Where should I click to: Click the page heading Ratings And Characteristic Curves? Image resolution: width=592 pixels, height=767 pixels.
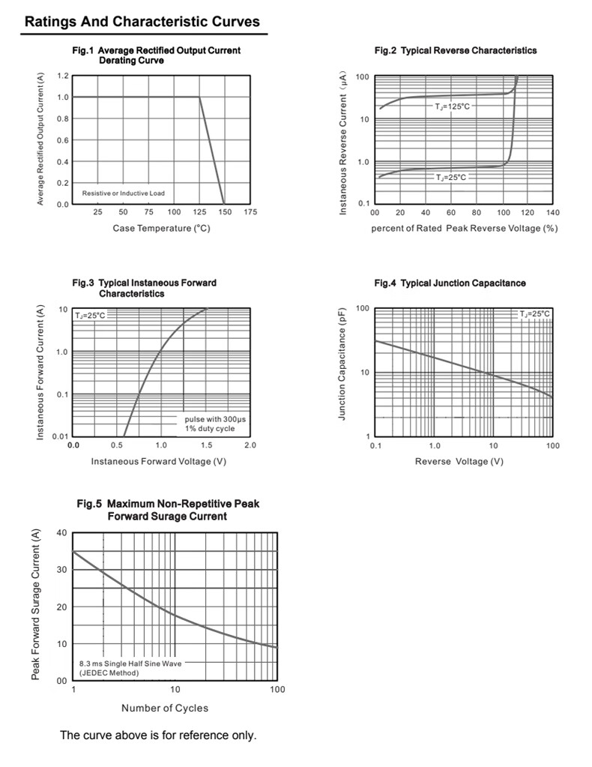[142, 22]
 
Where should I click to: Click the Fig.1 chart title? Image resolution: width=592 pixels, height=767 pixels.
[156, 55]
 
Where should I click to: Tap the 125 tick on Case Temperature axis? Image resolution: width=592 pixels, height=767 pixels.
[199, 212]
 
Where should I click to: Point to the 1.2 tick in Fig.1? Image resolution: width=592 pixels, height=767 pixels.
[63, 76]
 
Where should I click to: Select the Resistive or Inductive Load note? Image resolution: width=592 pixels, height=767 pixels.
[124, 193]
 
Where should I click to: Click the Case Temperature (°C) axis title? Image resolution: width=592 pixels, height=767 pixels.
[161, 228]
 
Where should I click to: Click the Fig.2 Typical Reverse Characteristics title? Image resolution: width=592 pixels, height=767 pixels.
[456, 50]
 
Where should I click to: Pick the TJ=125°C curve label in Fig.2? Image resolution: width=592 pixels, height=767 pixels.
[453, 107]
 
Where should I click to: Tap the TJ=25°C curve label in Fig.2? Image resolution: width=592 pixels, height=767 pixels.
[451, 178]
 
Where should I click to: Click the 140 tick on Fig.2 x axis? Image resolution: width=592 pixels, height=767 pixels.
[552, 213]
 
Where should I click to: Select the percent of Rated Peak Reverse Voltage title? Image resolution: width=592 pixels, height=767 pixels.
[464, 228]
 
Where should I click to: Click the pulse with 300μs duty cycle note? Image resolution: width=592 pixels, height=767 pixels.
[215, 424]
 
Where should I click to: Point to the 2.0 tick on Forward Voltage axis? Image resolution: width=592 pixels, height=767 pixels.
[250, 445]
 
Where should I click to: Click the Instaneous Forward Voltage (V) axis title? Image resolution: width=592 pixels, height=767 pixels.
[158, 461]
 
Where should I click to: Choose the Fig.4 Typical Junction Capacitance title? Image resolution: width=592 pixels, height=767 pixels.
[450, 283]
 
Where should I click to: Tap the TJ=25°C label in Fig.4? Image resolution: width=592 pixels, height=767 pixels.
[535, 314]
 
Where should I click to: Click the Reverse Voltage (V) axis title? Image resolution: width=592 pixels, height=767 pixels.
[459, 461]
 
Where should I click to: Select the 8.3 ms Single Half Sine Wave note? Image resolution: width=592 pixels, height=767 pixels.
[130, 668]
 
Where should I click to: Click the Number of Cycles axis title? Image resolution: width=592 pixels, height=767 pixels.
[165, 708]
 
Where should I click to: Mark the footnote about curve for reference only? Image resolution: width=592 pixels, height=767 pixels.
[158, 736]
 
